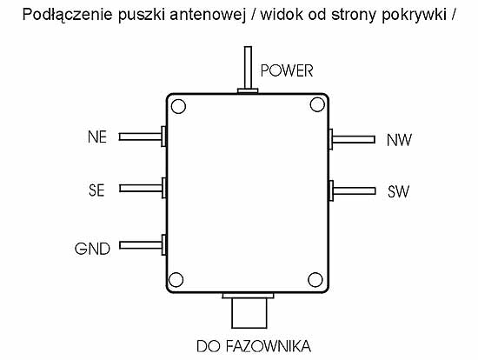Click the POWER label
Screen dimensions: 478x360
point(287,70)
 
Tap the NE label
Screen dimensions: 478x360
point(97,137)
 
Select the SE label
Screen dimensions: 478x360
point(96,190)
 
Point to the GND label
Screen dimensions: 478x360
point(92,249)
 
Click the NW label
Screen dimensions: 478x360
point(399,140)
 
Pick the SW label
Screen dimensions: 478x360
point(398,191)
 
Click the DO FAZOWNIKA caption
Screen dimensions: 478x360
point(254,346)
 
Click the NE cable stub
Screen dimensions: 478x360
point(143,137)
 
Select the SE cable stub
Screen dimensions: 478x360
point(143,188)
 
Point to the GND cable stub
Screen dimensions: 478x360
point(143,245)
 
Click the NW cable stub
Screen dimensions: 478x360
point(352,139)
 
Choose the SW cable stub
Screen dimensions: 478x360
point(352,191)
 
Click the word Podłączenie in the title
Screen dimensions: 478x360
point(68,15)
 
